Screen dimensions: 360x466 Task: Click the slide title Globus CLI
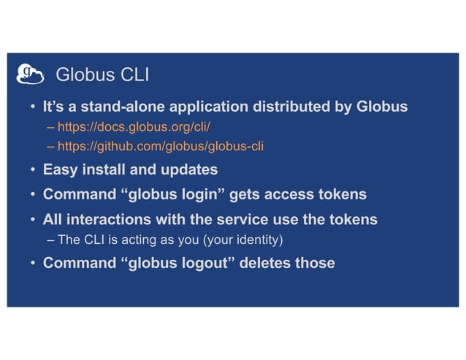(102, 75)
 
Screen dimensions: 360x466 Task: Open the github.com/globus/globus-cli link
(161, 146)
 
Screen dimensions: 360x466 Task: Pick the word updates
(191, 170)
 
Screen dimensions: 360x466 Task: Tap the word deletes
(267, 263)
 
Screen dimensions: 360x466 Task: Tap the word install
(105, 170)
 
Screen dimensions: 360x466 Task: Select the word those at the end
(315, 263)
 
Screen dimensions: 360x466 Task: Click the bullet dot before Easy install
(33, 172)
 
